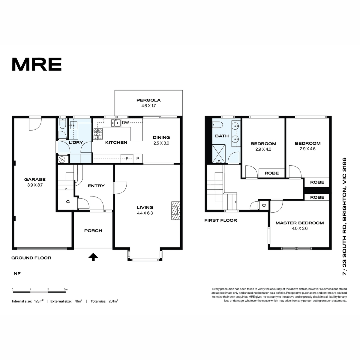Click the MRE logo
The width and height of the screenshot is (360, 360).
click(x=37, y=64)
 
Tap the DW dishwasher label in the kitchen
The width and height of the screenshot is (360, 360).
click(x=125, y=123)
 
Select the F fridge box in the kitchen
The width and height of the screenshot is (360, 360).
click(x=127, y=159)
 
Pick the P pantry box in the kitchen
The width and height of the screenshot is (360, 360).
click(x=138, y=159)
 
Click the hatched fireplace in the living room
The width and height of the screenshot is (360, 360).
click(x=175, y=210)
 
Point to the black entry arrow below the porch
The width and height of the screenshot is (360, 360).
click(x=93, y=257)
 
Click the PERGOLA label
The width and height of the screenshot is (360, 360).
click(x=148, y=100)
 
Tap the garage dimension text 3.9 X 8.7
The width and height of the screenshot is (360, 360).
click(x=35, y=185)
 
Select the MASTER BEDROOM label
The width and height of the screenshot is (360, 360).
click(x=300, y=223)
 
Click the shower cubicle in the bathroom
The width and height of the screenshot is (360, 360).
click(x=219, y=154)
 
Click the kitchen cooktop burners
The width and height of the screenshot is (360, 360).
click(x=98, y=134)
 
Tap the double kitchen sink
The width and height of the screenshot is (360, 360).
click(x=116, y=123)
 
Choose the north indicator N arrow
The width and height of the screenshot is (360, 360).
click(x=17, y=273)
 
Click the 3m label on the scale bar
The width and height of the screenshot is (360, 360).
click(x=66, y=289)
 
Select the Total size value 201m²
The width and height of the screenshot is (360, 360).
click(x=113, y=301)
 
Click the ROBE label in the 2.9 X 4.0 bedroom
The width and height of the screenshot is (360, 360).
click(x=271, y=173)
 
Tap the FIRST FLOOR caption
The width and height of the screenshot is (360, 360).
click(x=220, y=220)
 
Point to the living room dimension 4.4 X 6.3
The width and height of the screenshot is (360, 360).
click(x=145, y=213)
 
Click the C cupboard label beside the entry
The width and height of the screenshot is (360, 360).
click(x=68, y=202)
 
